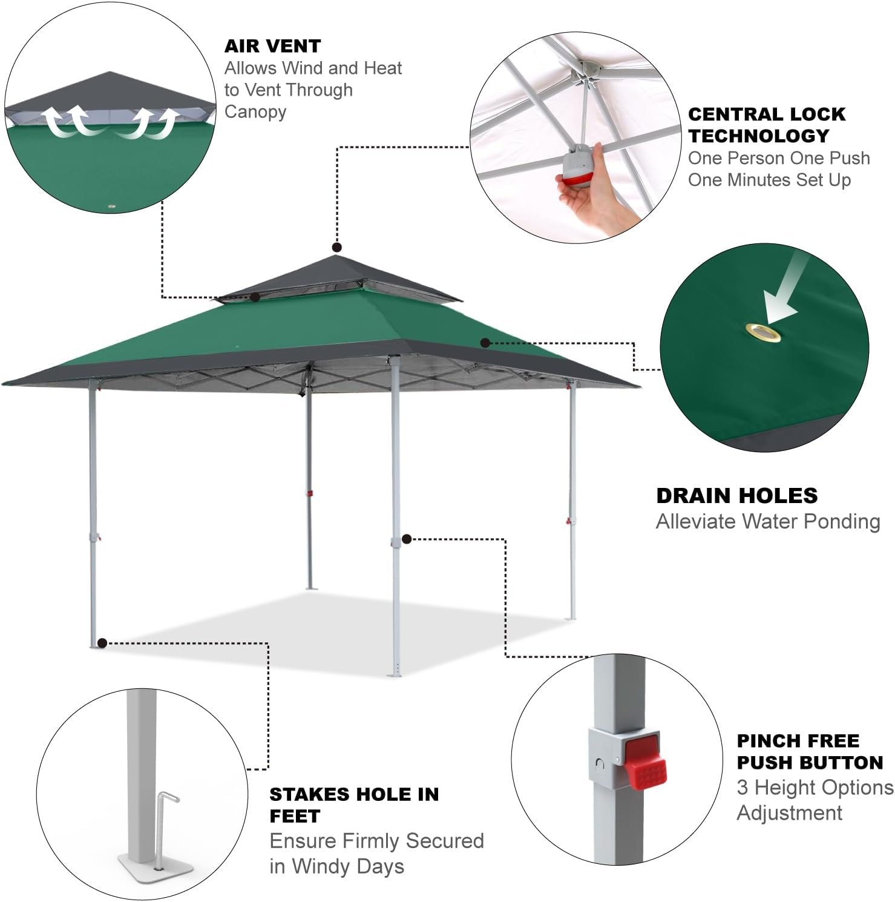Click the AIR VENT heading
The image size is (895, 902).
(272, 46)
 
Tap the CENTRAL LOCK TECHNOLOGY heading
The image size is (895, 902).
(767, 125)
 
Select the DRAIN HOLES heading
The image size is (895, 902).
(737, 496)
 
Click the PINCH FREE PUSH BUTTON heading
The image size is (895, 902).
(810, 751)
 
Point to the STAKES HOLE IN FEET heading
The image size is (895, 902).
(354, 805)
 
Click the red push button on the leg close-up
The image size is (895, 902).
(645, 760)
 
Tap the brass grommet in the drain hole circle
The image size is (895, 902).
(763, 332)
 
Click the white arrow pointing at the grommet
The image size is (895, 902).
(785, 291)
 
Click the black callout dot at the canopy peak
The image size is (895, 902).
(337, 247)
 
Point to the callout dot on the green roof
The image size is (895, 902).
(485, 343)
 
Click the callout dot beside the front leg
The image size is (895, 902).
(407, 538)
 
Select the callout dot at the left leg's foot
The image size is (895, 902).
(102, 643)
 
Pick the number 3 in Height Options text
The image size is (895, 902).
(743, 788)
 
